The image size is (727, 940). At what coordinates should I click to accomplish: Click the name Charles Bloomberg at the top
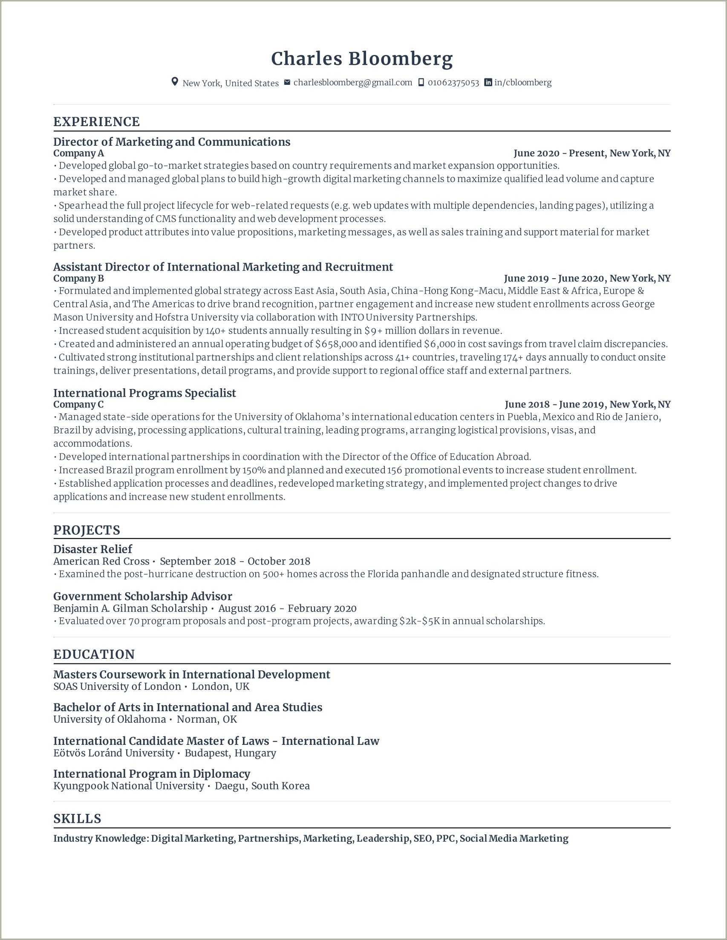pyautogui.click(x=361, y=59)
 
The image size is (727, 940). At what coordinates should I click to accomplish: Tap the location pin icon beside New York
pyautogui.click(x=175, y=82)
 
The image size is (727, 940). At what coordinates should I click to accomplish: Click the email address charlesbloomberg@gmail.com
pyautogui.click(x=352, y=83)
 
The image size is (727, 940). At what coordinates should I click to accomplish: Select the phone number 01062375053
pyautogui.click(x=453, y=83)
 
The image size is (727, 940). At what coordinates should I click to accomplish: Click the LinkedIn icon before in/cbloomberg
pyautogui.click(x=488, y=82)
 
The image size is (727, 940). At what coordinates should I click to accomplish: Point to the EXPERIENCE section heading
pyautogui.click(x=96, y=122)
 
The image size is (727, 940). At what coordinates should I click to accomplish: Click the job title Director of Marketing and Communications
pyautogui.click(x=172, y=142)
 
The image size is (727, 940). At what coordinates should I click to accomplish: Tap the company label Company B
pyautogui.click(x=78, y=279)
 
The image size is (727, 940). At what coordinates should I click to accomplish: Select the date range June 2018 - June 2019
pyautogui.click(x=555, y=404)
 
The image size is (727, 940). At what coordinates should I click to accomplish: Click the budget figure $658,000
pyautogui.click(x=336, y=344)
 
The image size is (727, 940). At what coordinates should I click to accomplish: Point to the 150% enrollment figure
pyautogui.click(x=254, y=470)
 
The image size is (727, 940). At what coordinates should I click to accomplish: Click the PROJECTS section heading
pyautogui.click(x=87, y=530)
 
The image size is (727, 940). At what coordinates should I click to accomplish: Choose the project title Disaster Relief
pyautogui.click(x=92, y=549)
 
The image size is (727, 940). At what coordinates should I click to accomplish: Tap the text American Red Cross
pyautogui.click(x=101, y=562)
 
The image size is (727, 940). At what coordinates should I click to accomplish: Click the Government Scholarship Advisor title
pyautogui.click(x=142, y=597)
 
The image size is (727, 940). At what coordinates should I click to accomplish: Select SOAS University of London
pyautogui.click(x=117, y=686)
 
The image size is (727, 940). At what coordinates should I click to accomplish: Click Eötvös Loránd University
pyautogui.click(x=114, y=753)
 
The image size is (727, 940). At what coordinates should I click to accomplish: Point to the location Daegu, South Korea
pyautogui.click(x=262, y=786)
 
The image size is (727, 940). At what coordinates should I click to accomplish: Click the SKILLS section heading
pyautogui.click(x=77, y=819)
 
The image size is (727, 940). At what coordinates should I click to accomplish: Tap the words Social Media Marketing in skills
pyautogui.click(x=514, y=839)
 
